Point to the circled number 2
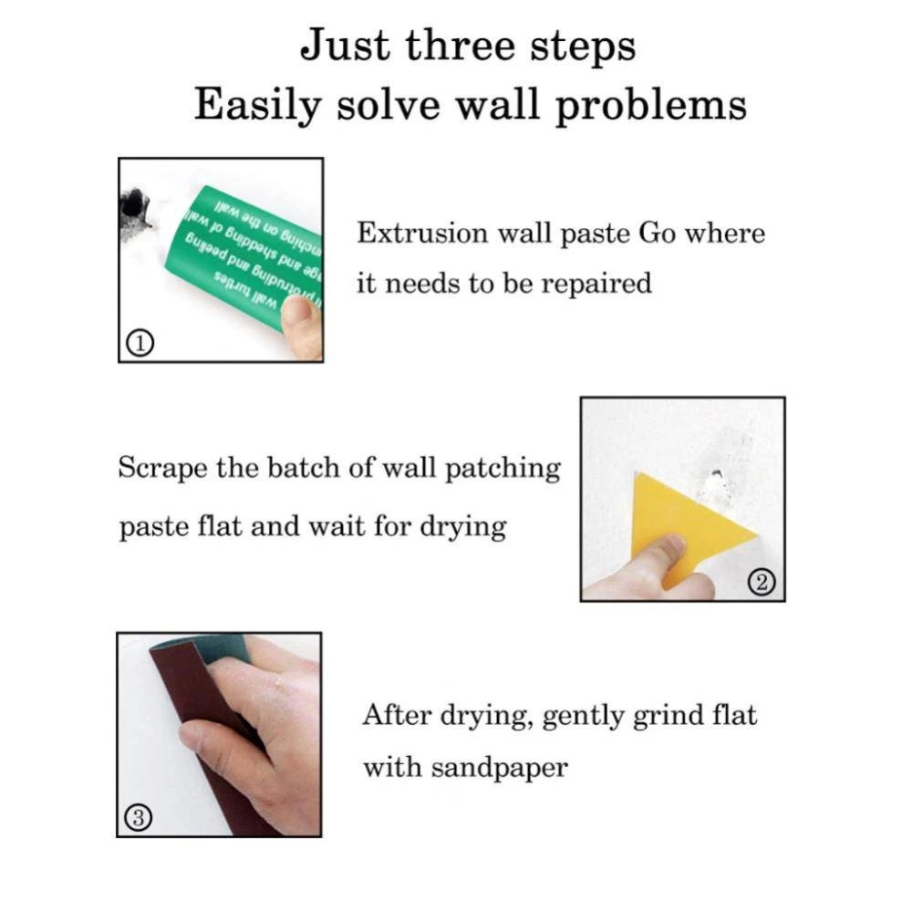click(764, 581)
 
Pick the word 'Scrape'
click(164, 469)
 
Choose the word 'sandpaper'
click(499, 768)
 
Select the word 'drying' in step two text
click(462, 528)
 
